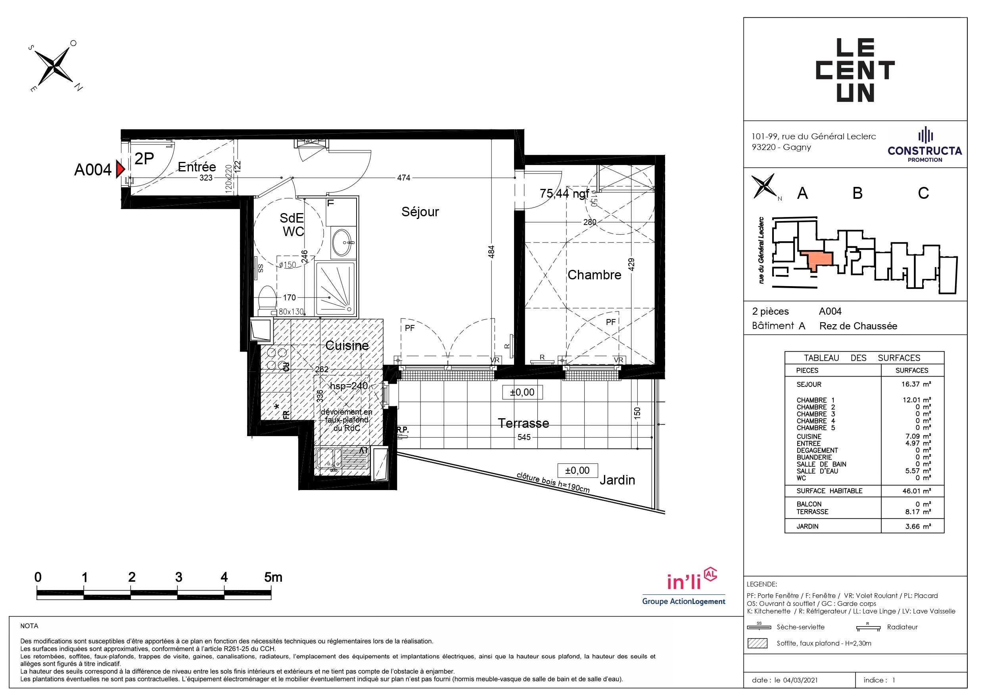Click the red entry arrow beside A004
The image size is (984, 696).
pyautogui.click(x=121, y=170)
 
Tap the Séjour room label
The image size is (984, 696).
pyautogui.click(x=420, y=212)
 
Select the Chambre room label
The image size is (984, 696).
pyautogui.click(x=595, y=275)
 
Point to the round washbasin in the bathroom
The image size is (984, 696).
pyautogui.click(x=342, y=243)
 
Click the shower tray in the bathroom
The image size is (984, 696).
pyautogui.click(x=336, y=288)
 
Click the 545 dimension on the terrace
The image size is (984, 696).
pyautogui.click(x=524, y=437)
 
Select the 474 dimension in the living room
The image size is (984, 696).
pyautogui.click(x=404, y=177)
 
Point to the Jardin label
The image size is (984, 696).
pyautogui.click(x=617, y=480)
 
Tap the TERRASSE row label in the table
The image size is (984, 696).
pyautogui.click(x=813, y=511)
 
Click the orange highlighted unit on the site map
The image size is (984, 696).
pyautogui.click(x=818, y=260)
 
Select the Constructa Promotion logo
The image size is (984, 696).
pyautogui.click(x=925, y=145)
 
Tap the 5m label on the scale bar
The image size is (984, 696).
pyautogui.click(x=273, y=577)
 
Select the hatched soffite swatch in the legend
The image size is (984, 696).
pyautogui.click(x=757, y=643)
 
